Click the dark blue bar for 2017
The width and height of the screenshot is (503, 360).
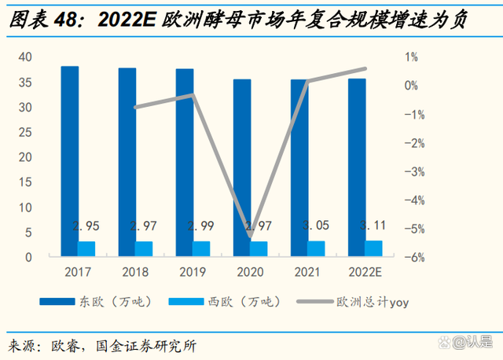[70, 161]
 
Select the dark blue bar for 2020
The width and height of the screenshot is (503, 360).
[242, 168]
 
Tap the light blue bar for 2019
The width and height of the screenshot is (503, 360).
[202, 248]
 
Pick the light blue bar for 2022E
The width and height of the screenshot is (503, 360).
[375, 248]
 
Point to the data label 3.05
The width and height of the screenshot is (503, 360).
[316, 226]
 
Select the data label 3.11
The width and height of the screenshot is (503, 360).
[373, 226]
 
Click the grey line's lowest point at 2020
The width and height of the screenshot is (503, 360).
[250, 236]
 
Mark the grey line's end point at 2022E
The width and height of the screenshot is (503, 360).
[365, 69]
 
